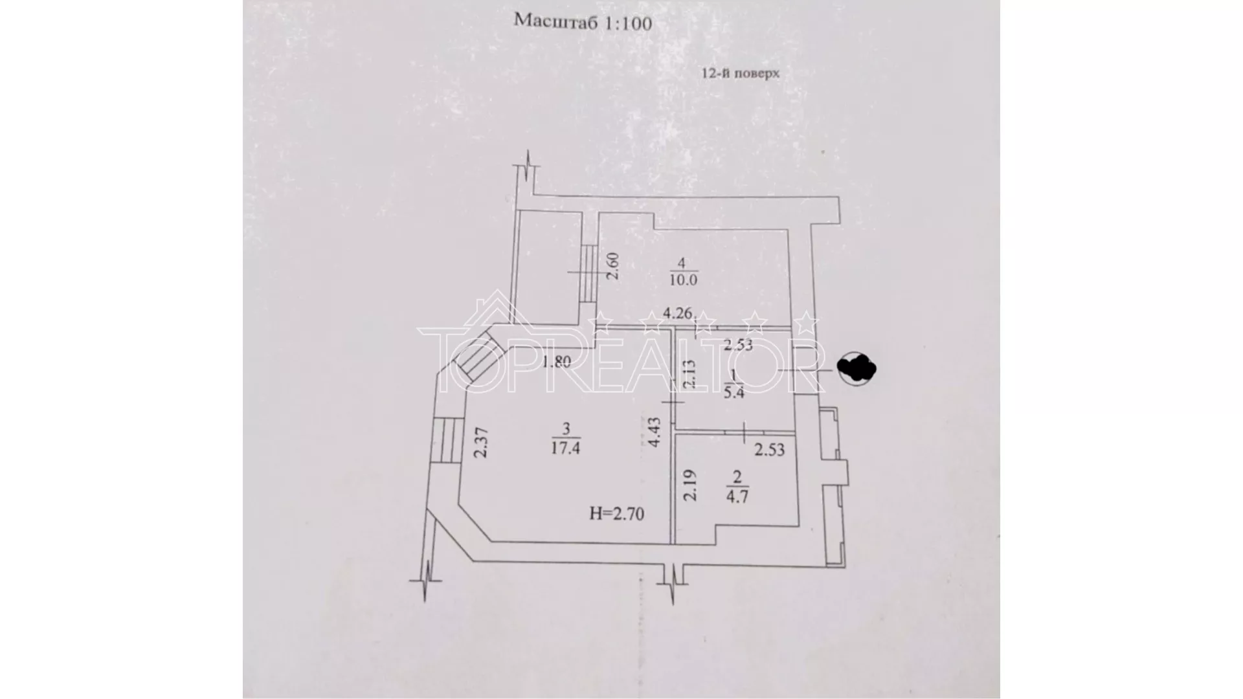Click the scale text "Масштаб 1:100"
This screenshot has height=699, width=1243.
coord(583,22)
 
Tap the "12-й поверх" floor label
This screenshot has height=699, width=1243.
coord(741,73)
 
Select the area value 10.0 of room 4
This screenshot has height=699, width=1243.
coord(683,280)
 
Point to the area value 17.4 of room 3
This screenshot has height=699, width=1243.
coord(565,447)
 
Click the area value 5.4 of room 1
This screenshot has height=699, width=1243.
coord(733,392)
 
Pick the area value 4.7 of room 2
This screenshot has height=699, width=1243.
coord(737,498)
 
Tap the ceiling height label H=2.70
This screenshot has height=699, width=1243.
coord(616,515)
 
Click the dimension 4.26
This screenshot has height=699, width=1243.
coord(677,314)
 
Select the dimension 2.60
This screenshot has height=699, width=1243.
coord(612,266)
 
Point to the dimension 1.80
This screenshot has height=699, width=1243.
coord(556,362)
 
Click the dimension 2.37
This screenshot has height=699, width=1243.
coord(480,443)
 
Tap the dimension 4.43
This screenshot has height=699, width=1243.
coord(654,432)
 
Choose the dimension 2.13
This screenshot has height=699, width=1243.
coord(689,374)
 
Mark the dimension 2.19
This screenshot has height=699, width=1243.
coord(690,485)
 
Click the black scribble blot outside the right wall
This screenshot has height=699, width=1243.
coord(856,368)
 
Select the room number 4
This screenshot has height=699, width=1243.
coord(680,263)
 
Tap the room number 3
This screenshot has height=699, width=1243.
coord(566,428)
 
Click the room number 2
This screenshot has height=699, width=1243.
coord(737,478)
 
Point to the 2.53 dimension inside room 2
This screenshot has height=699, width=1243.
coord(769,449)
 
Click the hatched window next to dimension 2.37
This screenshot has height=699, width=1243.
coord(445,440)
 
